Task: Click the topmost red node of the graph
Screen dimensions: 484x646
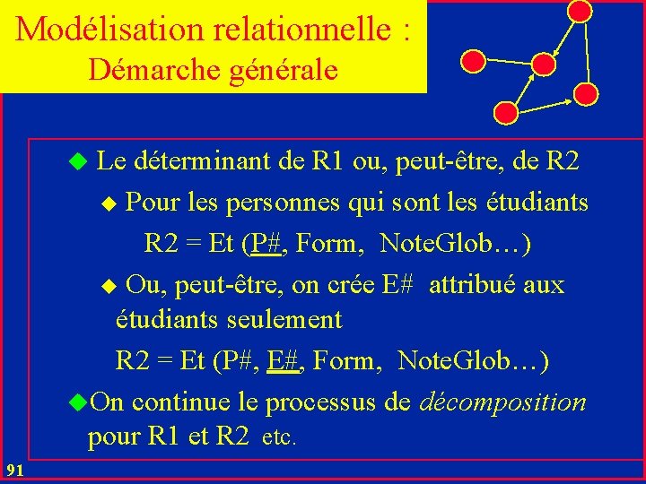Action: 581,11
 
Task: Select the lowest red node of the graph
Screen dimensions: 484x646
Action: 506,113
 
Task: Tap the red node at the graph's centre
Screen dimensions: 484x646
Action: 544,64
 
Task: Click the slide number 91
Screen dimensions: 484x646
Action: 14,471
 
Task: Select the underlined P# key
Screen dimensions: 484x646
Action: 264,243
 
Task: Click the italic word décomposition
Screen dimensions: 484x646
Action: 502,402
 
